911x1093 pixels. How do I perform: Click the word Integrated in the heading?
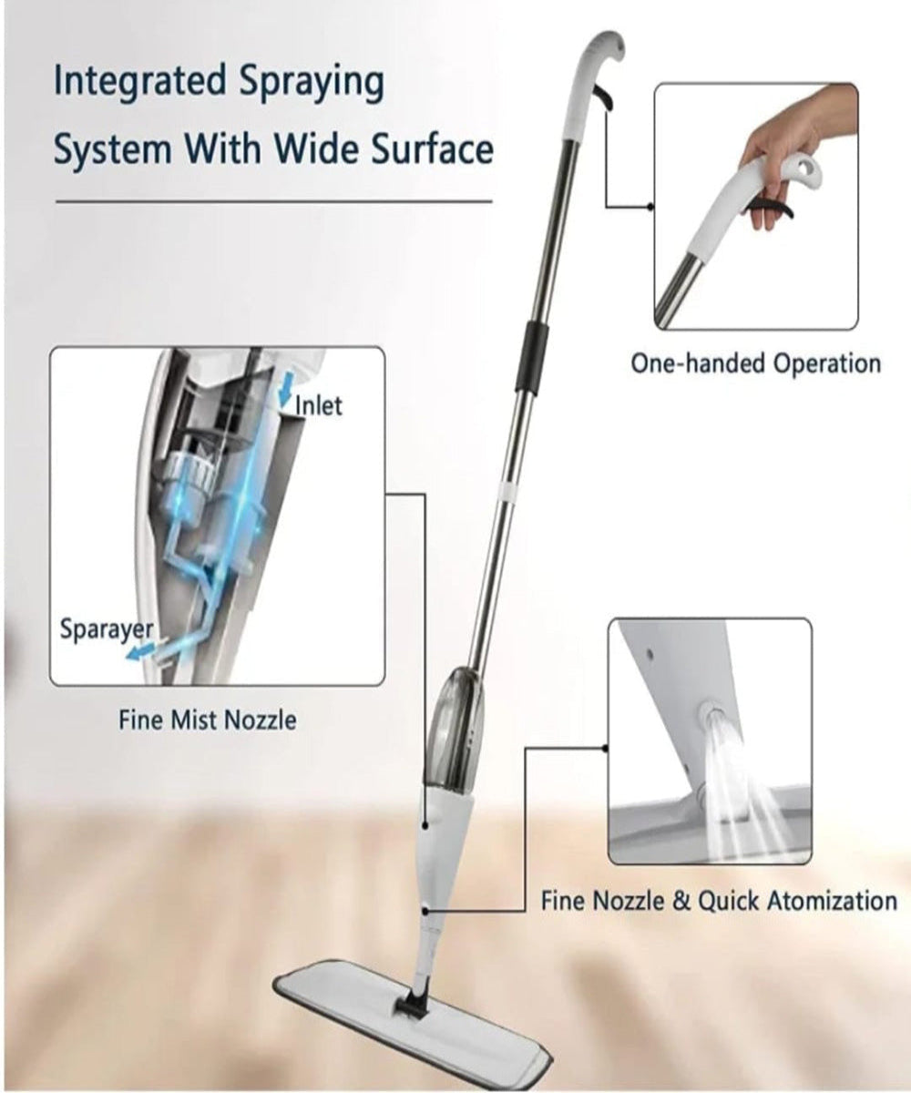pos(136,82)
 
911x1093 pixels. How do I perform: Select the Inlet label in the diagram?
pos(318,403)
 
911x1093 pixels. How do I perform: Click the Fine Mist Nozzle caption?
pos(208,720)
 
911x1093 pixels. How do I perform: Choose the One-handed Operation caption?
pos(756,363)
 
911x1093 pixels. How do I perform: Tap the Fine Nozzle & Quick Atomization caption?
pos(719,902)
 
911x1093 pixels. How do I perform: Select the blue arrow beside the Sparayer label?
pos(142,652)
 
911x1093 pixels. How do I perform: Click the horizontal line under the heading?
pos(273,200)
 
